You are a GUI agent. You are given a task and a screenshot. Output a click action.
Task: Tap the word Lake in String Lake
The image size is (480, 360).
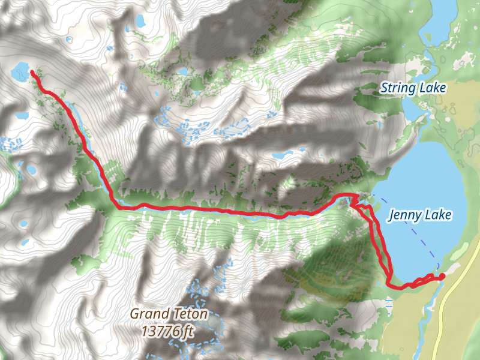pos(432,89)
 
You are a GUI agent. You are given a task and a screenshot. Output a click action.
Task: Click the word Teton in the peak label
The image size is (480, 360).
pos(187,313)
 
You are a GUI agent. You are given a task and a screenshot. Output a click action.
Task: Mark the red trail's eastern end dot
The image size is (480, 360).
pos(442,276)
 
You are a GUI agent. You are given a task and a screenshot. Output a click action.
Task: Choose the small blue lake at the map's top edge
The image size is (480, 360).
pos(140,21)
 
